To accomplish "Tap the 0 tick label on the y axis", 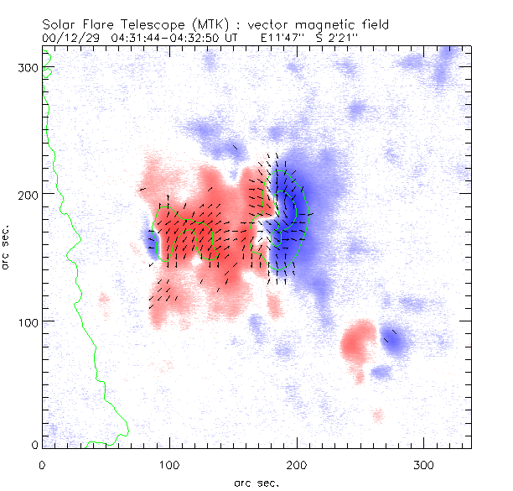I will (34, 444).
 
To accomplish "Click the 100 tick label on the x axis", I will (168, 464).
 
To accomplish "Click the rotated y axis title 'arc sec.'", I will (7, 248).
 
